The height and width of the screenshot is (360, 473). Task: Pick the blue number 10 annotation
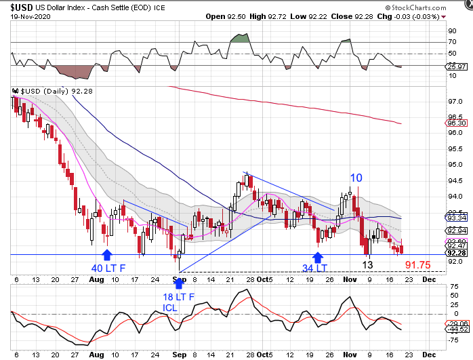(x=356, y=178)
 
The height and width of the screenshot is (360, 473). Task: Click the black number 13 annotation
(x=367, y=264)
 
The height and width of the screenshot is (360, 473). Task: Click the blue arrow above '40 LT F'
(x=106, y=254)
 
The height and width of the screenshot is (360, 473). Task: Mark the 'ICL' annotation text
(x=172, y=307)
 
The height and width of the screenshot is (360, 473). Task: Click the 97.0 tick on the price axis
(x=454, y=101)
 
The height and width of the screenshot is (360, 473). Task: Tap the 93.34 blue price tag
(x=455, y=218)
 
